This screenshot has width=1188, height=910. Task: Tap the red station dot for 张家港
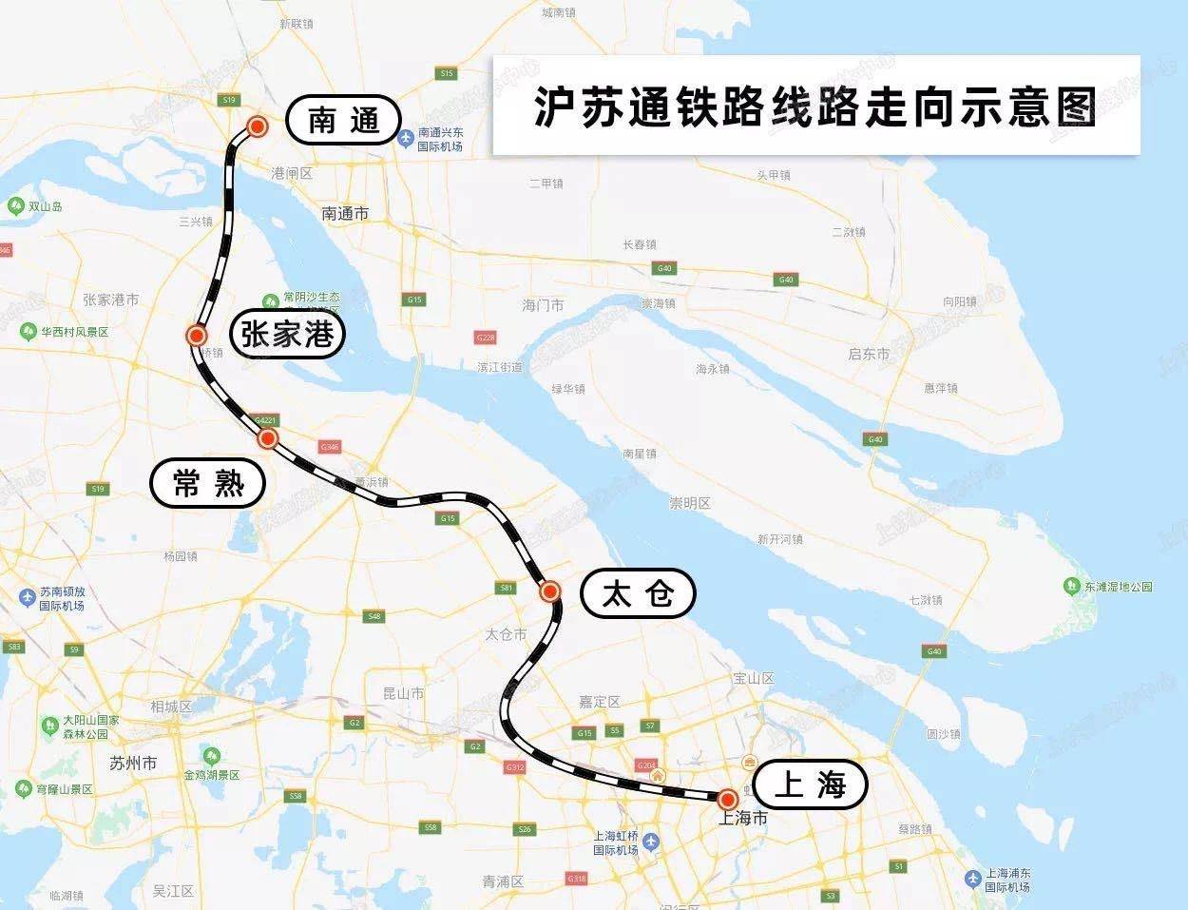click(197, 336)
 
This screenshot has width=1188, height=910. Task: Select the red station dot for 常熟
click(268, 438)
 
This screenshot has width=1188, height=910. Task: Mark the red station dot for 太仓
click(549, 591)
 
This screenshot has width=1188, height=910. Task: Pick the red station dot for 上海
click(728, 799)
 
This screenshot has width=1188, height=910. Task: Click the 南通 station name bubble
click(342, 121)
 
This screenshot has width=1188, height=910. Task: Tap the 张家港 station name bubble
click(287, 334)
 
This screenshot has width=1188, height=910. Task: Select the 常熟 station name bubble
click(208, 483)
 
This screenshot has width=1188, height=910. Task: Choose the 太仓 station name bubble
click(639, 594)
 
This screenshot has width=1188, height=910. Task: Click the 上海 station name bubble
click(811, 785)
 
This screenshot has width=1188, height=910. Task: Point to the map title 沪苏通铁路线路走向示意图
click(815, 106)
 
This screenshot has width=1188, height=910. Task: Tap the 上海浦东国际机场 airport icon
click(972, 879)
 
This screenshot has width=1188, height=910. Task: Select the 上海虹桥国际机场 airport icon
click(651, 842)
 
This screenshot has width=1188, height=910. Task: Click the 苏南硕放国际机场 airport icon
click(27, 598)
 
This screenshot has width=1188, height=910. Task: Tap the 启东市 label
click(869, 354)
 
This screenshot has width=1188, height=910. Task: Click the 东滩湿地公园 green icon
click(1072, 586)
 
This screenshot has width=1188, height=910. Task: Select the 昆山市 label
click(403, 693)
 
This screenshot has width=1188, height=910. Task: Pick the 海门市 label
click(543, 305)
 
